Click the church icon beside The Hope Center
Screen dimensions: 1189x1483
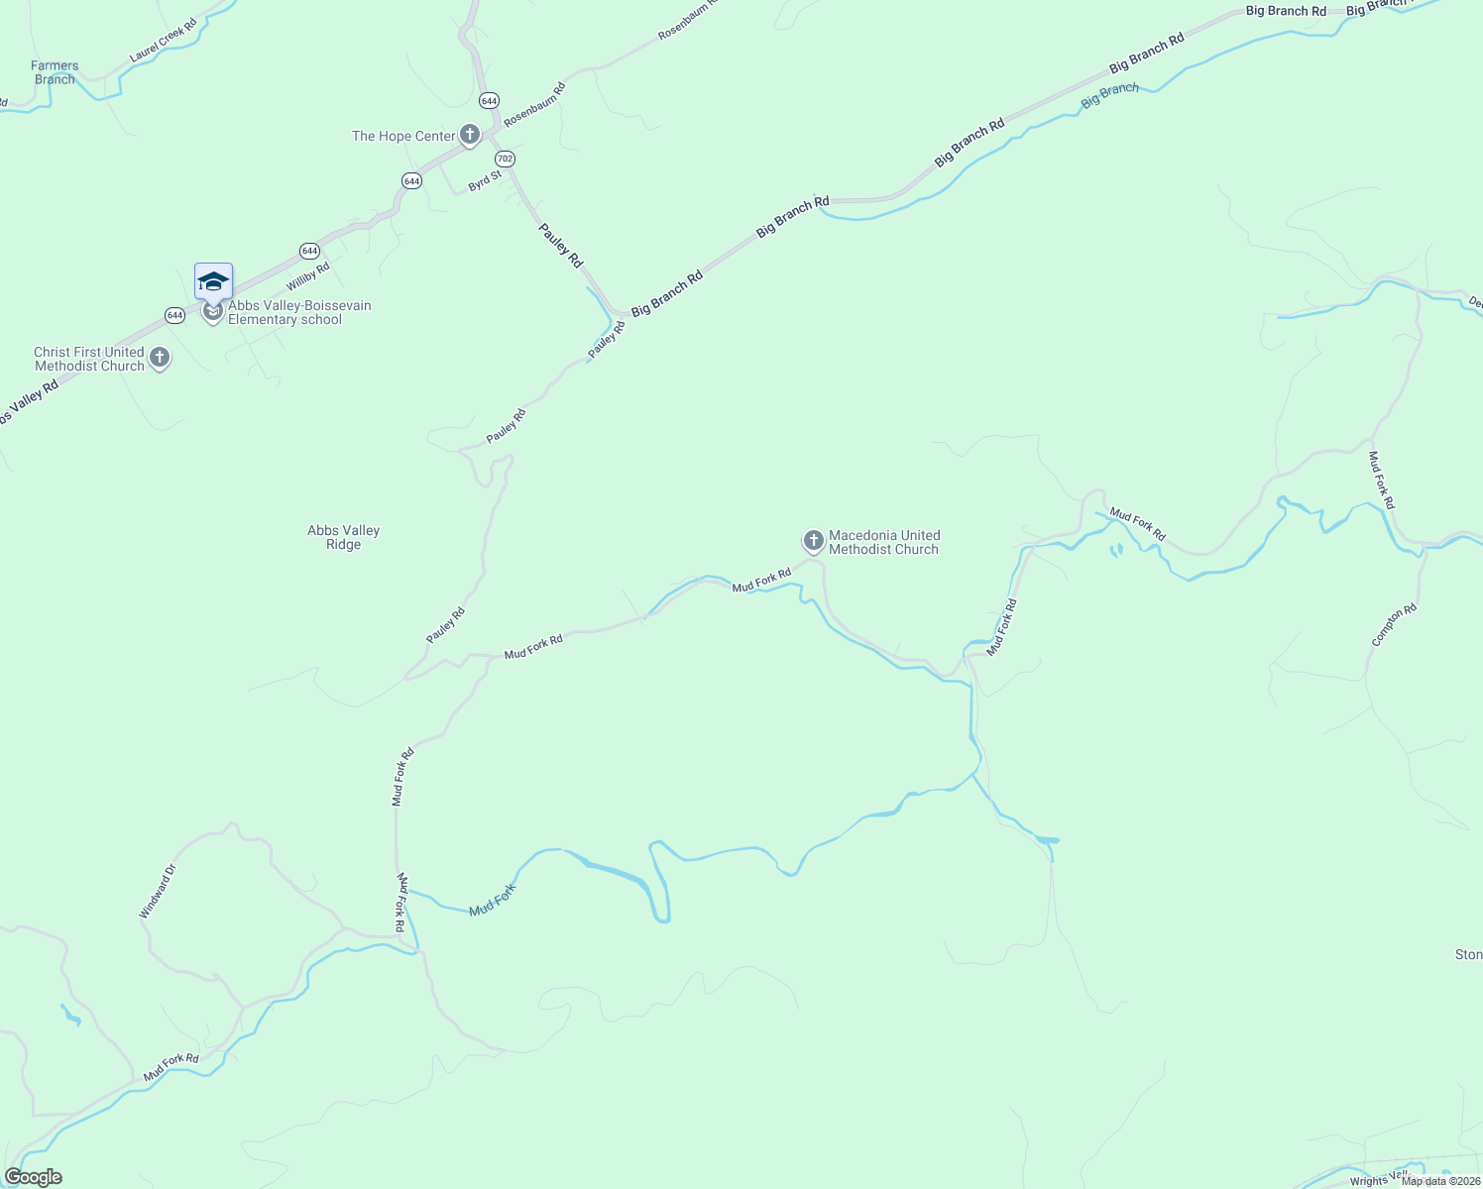point(470,135)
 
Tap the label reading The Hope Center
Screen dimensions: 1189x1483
point(403,137)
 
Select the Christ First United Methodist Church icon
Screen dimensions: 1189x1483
point(160,358)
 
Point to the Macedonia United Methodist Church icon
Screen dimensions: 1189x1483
point(813,541)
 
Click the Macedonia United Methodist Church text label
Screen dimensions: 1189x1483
point(884,543)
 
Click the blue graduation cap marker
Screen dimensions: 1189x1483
point(213,282)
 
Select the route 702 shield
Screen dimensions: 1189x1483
point(506,159)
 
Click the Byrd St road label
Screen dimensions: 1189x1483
point(485,181)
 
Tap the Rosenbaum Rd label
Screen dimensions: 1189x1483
point(534,104)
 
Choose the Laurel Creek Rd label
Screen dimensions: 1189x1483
point(165,40)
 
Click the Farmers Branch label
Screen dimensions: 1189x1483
point(55,73)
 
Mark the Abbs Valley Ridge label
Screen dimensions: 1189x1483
point(344,538)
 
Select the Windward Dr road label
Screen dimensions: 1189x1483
point(158,892)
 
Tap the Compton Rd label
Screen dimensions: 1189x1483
point(1395,626)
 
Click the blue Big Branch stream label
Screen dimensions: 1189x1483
point(1110,96)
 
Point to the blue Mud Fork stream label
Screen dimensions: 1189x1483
point(493,900)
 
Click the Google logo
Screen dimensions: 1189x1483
point(34,1177)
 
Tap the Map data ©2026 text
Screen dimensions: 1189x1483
point(1448,1180)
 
